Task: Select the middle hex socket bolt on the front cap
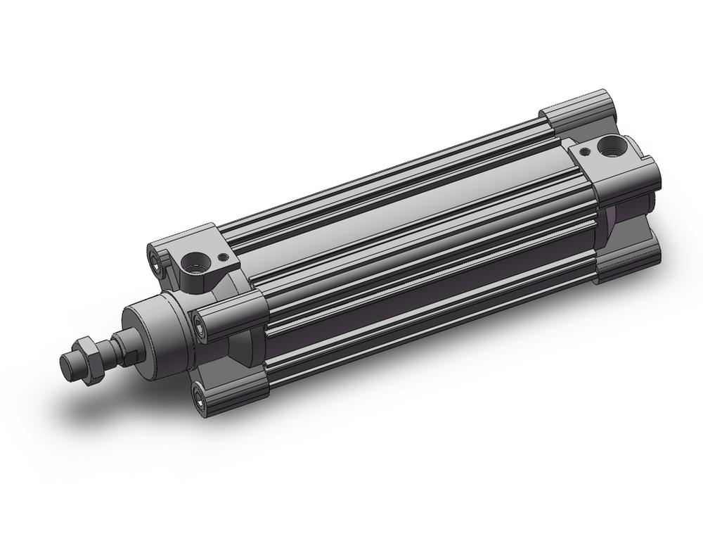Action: pos(202,326)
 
